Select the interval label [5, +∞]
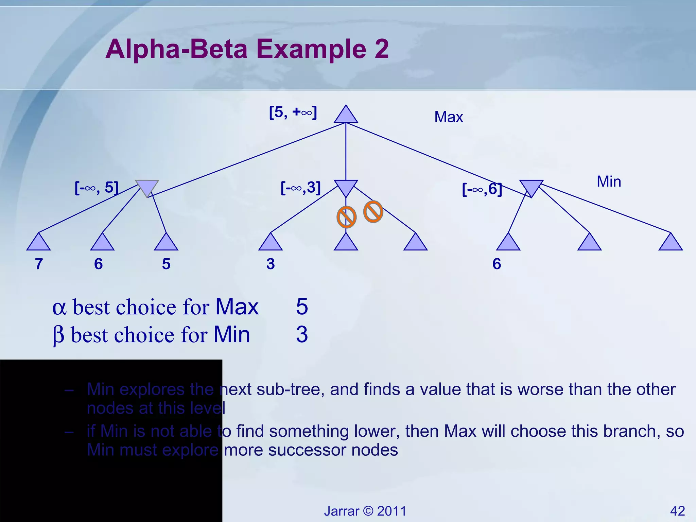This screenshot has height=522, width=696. pos(293,112)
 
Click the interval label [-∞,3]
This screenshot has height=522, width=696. pos(300,188)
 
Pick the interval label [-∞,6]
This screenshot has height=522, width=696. pos(482,189)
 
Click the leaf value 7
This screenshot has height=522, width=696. pos(39,264)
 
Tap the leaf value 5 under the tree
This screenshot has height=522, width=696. pos(166,264)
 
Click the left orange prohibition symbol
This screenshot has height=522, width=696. pos(346,217)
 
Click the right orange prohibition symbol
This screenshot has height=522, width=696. pos(373,212)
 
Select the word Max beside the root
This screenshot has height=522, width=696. pos(448,117)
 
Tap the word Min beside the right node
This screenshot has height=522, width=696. pos(609,181)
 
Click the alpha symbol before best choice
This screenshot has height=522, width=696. pos(59,308)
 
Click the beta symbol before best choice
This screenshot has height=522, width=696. pos(58,335)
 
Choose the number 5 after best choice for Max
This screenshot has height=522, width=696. pos(302,307)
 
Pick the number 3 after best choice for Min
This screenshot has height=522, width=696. pos(302,334)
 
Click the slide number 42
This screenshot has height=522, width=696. pos(677,511)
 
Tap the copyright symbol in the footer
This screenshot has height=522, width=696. pos(368,511)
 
